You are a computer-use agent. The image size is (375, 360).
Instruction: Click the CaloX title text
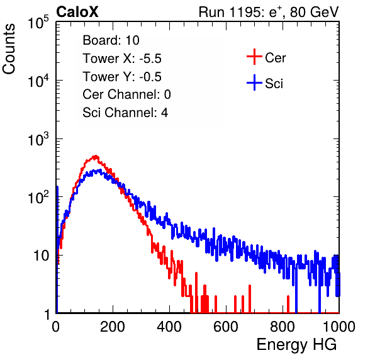pyautogui.click(x=77, y=12)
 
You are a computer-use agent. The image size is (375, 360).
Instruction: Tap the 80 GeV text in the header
pyautogui.click(x=315, y=12)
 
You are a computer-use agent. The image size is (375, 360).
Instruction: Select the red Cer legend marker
pyautogui.click(x=254, y=57)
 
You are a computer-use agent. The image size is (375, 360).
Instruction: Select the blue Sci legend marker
pyautogui.click(x=254, y=82)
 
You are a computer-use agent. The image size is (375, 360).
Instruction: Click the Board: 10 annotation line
pyautogui.click(x=111, y=40)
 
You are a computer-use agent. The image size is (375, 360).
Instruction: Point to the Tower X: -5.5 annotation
pyautogui.click(x=122, y=59)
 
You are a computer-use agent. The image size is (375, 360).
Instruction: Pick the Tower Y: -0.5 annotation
pyautogui.click(x=122, y=77)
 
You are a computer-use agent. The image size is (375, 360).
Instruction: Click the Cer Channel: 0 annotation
pyautogui.click(x=126, y=94)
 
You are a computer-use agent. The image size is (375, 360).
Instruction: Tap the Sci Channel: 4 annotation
pyautogui.click(x=125, y=113)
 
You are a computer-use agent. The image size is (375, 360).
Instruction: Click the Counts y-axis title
pyautogui.click(x=9, y=49)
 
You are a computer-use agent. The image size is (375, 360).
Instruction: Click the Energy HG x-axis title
pyautogui.click(x=296, y=345)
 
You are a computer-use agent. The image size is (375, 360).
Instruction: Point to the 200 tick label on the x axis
pyautogui.click(x=113, y=327)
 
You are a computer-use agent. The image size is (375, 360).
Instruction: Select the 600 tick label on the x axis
pyautogui.click(x=226, y=327)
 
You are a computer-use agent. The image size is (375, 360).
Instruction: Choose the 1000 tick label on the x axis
pyautogui.click(x=339, y=327)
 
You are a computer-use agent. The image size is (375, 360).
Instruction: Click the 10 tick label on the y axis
pyautogui.click(x=42, y=256)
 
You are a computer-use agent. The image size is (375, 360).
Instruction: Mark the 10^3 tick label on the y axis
pyautogui.click(x=38, y=139)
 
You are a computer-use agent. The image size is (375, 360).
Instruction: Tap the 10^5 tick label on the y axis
pyautogui.click(x=38, y=23)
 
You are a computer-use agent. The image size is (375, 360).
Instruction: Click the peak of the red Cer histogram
pyautogui.click(x=96, y=157)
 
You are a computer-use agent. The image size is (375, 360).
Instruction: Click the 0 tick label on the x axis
pyautogui.click(x=56, y=327)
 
